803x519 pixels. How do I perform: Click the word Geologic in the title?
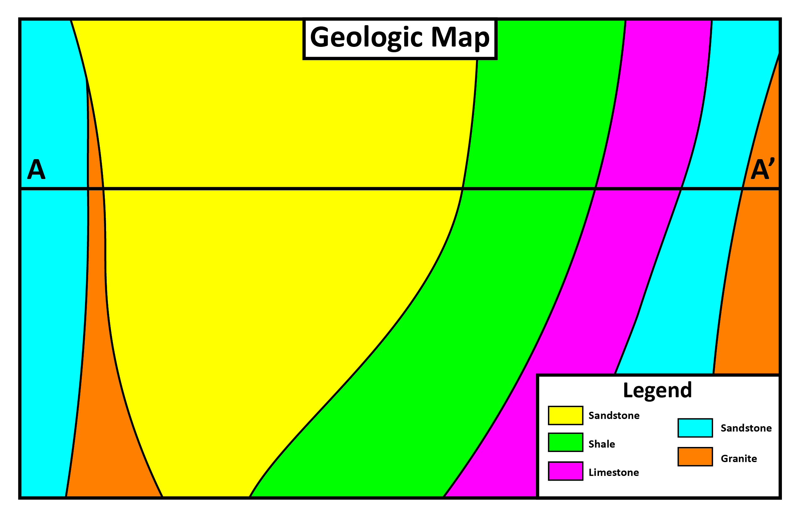[366, 38]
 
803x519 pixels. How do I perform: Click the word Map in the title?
[460, 38]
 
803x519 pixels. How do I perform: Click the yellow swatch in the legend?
[565, 416]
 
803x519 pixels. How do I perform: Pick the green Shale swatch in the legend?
[565, 443]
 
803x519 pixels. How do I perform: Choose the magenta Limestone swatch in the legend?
[565, 471]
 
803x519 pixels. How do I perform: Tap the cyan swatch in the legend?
[695, 428]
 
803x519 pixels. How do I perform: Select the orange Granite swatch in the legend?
[695, 457]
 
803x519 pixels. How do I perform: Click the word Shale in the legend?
[601, 444]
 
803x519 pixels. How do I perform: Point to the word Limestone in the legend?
[614, 472]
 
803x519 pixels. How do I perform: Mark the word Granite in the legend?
[738, 459]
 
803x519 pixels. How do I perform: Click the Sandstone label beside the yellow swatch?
[614, 416]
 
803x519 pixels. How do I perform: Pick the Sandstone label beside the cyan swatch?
[746, 428]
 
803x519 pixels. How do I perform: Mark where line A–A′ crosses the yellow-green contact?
[462, 189]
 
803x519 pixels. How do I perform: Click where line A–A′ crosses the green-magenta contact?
[595, 189]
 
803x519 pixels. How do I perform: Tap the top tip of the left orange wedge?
[87, 80]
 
